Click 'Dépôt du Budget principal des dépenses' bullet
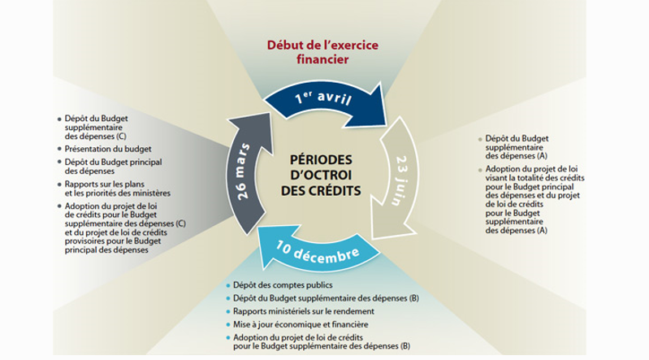click(x=103, y=166)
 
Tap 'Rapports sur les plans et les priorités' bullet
click(x=114, y=189)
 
